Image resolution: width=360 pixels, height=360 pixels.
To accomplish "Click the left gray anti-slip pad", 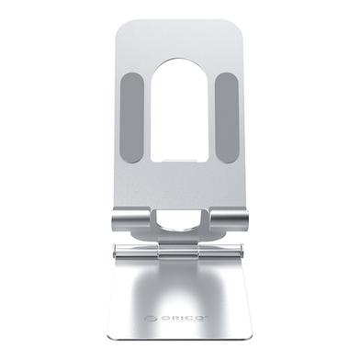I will click(x=132, y=118).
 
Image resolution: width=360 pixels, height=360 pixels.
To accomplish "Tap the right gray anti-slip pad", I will click(x=226, y=118).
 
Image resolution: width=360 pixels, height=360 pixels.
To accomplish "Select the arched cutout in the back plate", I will click(x=179, y=119).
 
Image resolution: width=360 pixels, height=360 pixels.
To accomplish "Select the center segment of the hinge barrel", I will click(x=180, y=253).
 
